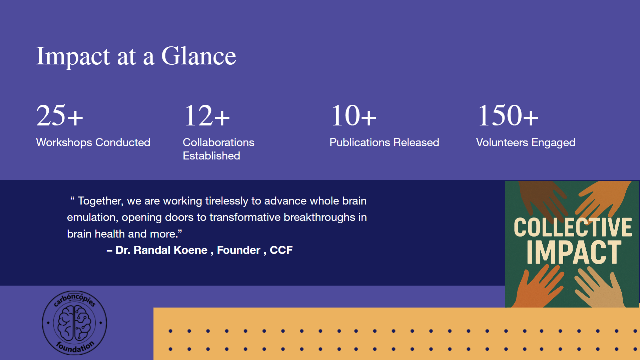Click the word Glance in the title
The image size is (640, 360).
pyautogui.click(x=199, y=56)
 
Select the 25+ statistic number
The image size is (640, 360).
pyautogui.click(x=59, y=115)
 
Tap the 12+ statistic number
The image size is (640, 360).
pyautogui.click(x=207, y=115)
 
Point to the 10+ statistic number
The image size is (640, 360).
pyautogui.click(x=354, y=115)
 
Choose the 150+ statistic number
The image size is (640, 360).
pyautogui.click(x=508, y=115)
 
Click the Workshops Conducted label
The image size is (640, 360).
pyautogui.click(x=93, y=142)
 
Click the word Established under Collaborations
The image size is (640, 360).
pyautogui.click(x=211, y=156)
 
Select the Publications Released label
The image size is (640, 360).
pyautogui.click(x=384, y=142)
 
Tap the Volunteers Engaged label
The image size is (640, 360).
pyautogui.click(x=526, y=143)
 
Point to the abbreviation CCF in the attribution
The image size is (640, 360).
pyautogui.click(x=281, y=250)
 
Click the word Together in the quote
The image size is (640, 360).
pyautogui.click(x=100, y=201)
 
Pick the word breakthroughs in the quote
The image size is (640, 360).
pyautogui.click(x=319, y=218)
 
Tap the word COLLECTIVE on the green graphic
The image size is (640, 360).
pyautogui.click(x=573, y=227)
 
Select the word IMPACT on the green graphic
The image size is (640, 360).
pyautogui.click(x=574, y=252)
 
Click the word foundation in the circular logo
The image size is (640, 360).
pyautogui.click(x=75, y=347)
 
